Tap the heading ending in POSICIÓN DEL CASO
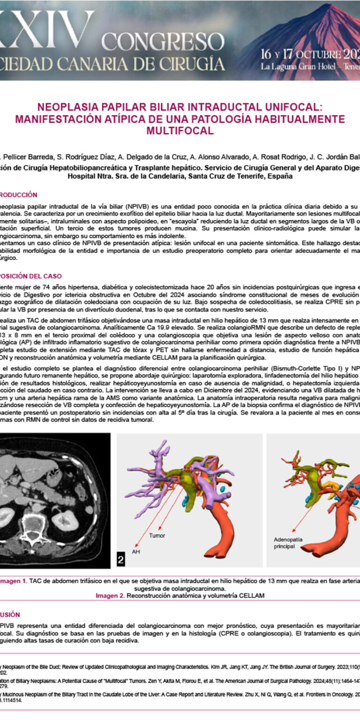click(30, 276)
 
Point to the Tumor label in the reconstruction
click(157, 535)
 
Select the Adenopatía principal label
click(288, 543)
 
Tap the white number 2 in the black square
click(120, 559)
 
